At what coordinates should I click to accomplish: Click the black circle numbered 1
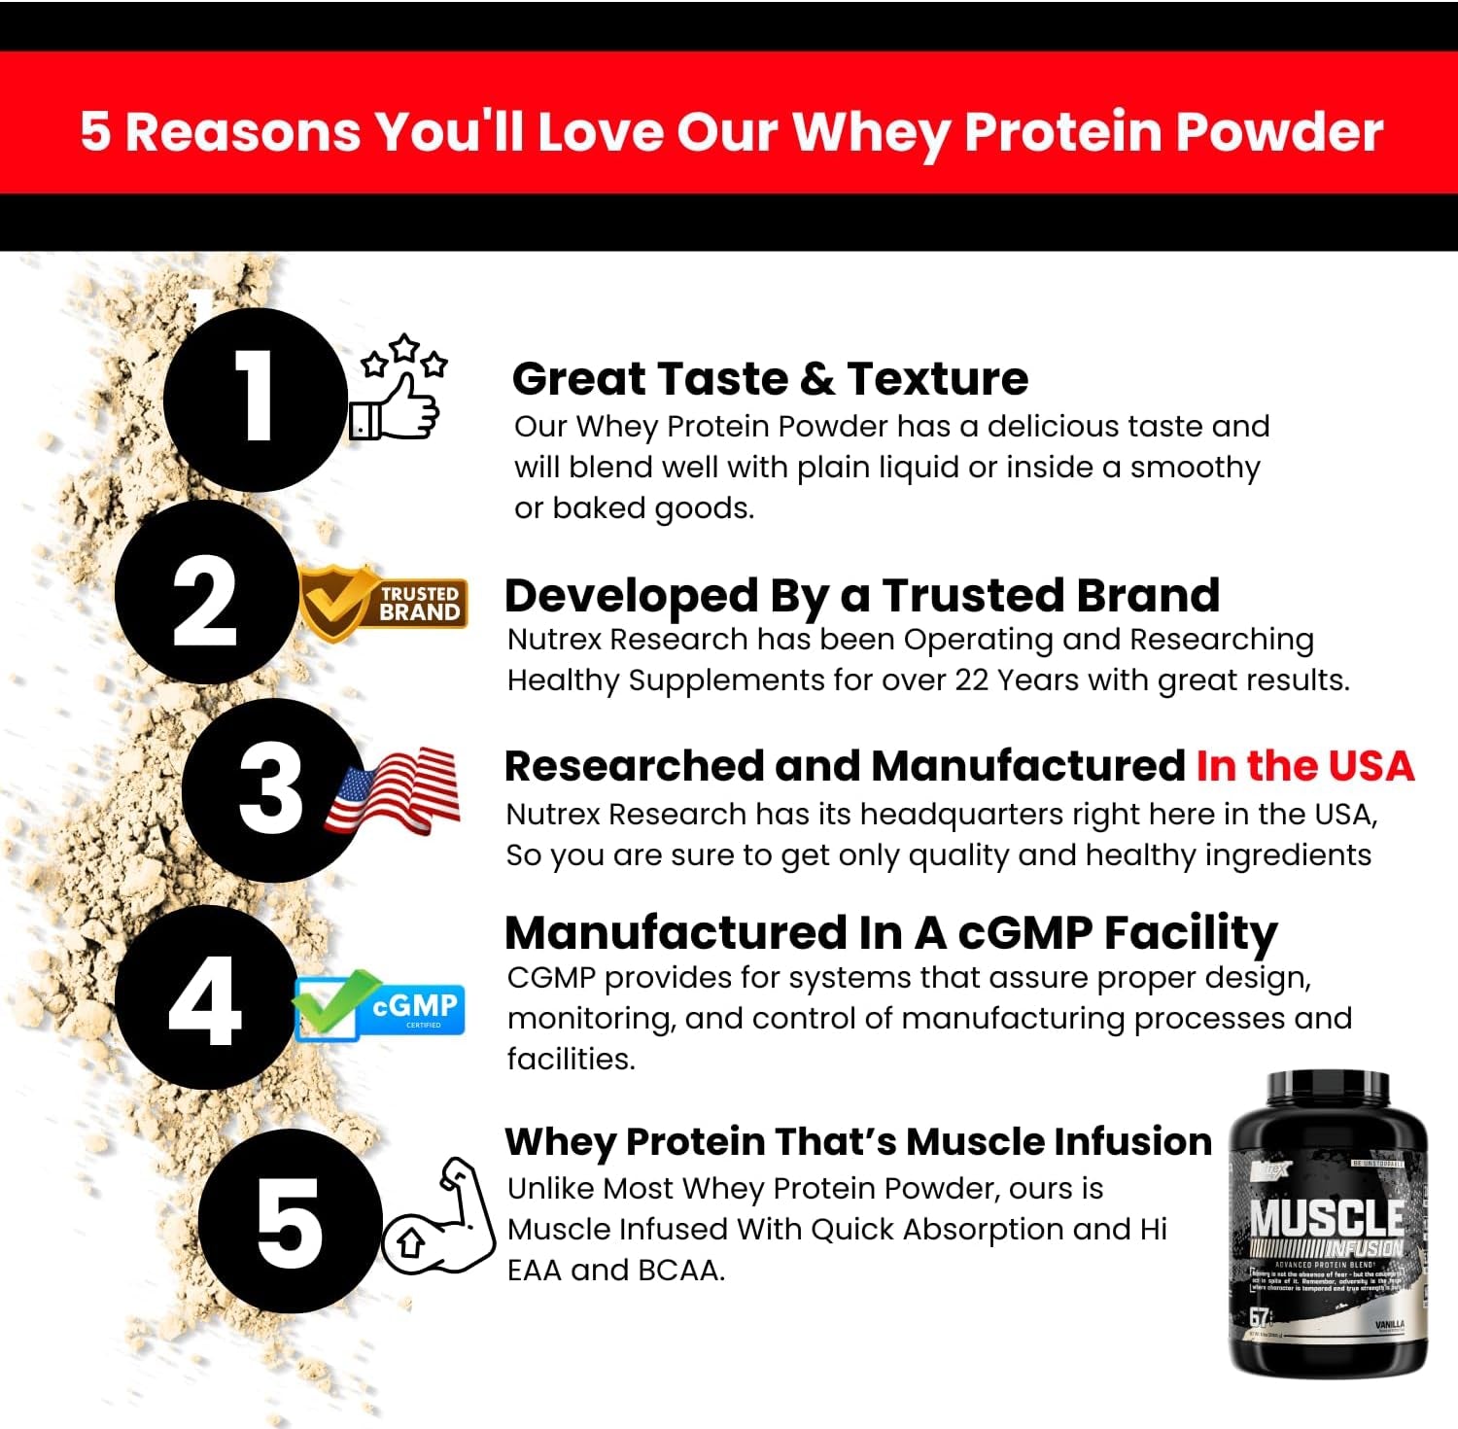coord(255,400)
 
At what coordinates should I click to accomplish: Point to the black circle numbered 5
coord(289,1221)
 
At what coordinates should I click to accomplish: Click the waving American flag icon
coord(394,790)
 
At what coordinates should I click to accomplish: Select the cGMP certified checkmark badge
coord(379,1005)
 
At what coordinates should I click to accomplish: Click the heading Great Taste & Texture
coord(770,378)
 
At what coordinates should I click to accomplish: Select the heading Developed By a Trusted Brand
coord(861,595)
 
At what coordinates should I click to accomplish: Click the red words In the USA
coord(1304,766)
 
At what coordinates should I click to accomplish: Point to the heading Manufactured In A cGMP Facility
coord(890,932)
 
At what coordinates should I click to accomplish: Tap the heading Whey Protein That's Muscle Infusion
coord(857,1141)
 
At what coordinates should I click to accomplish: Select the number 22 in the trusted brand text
coord(971,680)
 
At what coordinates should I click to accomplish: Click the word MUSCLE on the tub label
coord(1327,1218)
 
